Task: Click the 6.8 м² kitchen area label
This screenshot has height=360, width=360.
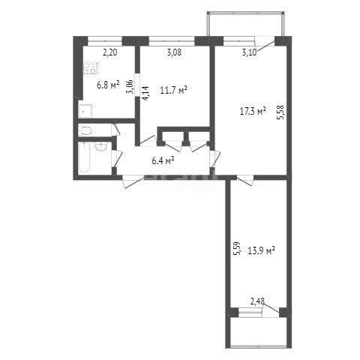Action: pyautogui.click(x=108, y=85)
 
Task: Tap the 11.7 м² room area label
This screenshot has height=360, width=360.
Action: pyautogui.click(x=174, y=91)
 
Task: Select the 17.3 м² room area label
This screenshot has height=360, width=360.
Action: pyautogui.click(x=253, y=112)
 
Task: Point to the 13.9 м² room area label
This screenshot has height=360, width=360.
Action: pyautogui.click(x=261, y=250)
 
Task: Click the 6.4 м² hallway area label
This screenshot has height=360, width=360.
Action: pyautogui.click(x=163, y=160)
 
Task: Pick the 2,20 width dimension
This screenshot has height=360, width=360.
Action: pyautogui.click(x=110, y=52)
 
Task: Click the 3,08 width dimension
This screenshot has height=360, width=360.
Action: pyautogui.click(x=174, y=52)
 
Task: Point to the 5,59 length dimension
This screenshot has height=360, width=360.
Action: pyautogui.click(x=236, y=249)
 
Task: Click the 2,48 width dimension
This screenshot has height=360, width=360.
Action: pyautogui.click(x=257, y=301)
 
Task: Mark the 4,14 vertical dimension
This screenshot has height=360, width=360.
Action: pyautogui.click(x=145, y=93)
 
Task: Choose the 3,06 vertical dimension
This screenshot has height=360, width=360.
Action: pyautogui.click(x=130, y=87)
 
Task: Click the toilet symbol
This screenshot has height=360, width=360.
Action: pyautogui.click(x=85, y=130)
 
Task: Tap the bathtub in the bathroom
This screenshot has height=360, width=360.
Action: pyautogui.click(x=84, y=157)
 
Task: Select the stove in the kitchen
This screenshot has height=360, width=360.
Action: pyautogui.click(x=91, y=68)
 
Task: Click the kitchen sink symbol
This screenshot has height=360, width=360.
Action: pyautogui.click(x=85, y=111)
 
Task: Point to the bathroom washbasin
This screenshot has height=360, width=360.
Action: pyautogui.click(x=101, y=147)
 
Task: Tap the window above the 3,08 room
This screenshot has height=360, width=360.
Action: pyautogui.click(x=172, y=41)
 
